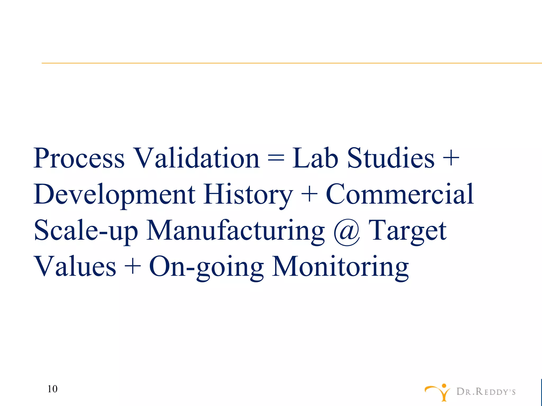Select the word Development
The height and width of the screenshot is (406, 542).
(114, 195)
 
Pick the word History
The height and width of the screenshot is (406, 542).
(248, 195)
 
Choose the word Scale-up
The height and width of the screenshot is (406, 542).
(86, 231)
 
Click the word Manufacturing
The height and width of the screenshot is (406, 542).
(235, 231)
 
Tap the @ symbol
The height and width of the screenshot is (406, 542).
(347, 232)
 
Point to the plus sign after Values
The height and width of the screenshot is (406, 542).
(132, 267)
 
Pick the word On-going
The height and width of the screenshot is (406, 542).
(206, 267)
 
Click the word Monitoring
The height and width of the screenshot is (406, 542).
(340, 267)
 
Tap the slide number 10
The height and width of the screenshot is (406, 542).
(52, 389)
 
